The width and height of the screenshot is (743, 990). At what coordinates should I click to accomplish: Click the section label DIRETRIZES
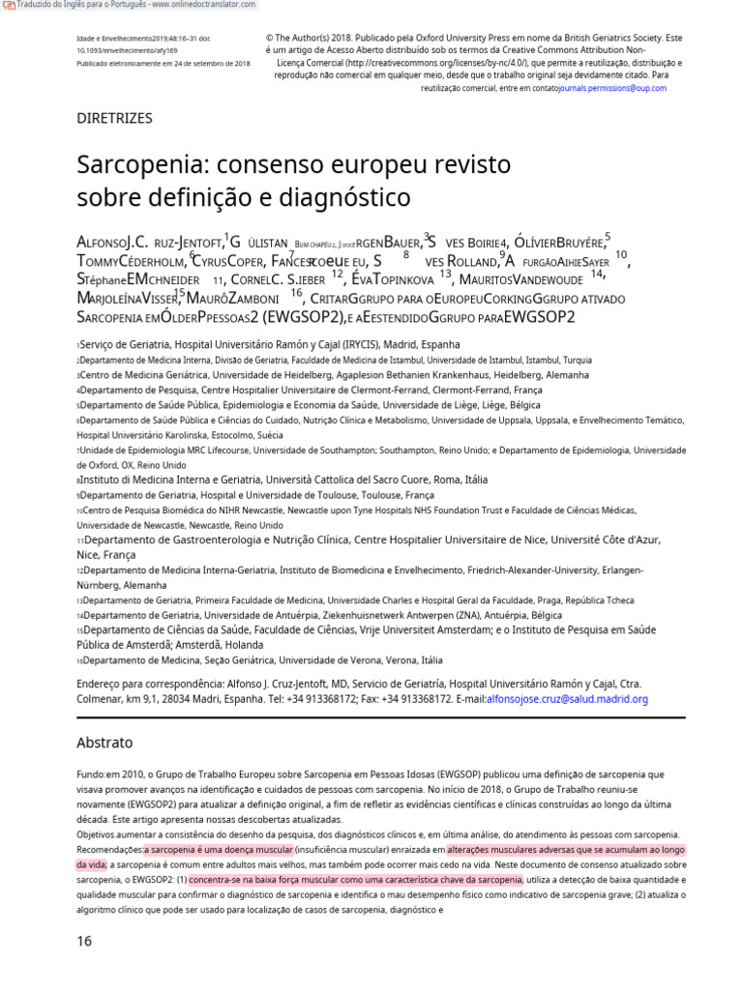pyautogui.click(x=114, y=118)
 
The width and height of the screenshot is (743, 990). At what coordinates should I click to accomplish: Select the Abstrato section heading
pyautogui.click(x=104, y=743)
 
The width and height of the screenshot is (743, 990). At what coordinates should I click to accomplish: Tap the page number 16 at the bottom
pyautogui.click(x=85, y=941)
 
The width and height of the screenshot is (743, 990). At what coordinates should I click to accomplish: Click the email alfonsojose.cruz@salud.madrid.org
pyautogui.click(x=567, y=699)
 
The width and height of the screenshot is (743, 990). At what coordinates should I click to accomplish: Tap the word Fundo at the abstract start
pyautogui.click(x=90, y=775)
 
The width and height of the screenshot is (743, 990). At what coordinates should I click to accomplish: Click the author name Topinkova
pyautogui.click(x=395, y=280)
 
